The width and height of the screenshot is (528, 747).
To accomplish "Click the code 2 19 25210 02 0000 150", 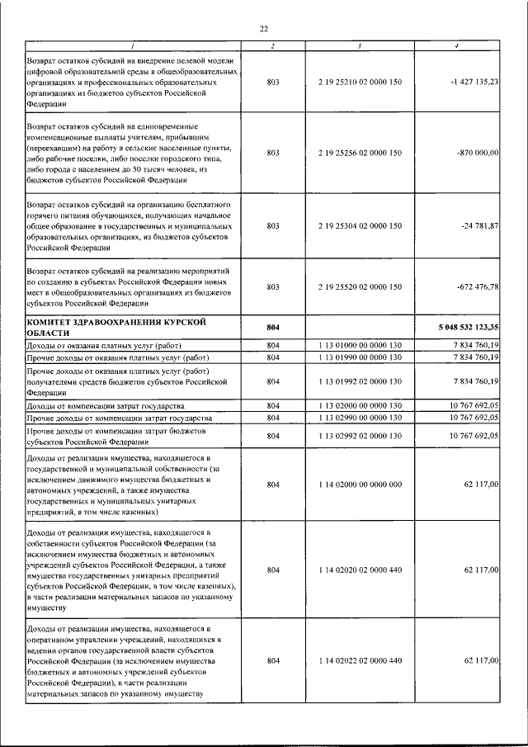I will (x=359, y=83).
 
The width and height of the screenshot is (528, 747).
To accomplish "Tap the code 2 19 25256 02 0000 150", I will (x=359, y=153).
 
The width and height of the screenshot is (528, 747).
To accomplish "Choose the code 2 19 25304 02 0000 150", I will (x=359, y=225).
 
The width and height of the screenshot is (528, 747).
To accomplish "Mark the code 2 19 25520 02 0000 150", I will (x=359, y=286).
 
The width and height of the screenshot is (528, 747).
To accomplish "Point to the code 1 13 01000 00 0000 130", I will (x=359, y=345).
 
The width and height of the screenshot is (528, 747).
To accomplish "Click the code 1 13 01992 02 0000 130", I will (x=359, y=382).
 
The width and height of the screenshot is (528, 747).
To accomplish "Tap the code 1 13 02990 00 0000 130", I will (x=359, y=418).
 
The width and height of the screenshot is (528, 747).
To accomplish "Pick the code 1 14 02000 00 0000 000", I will (x=359, y=485).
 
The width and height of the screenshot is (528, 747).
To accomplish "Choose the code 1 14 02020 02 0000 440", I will (x=359, y=570).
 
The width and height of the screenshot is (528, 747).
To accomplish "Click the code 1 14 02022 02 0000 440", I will (x=359, y=661).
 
